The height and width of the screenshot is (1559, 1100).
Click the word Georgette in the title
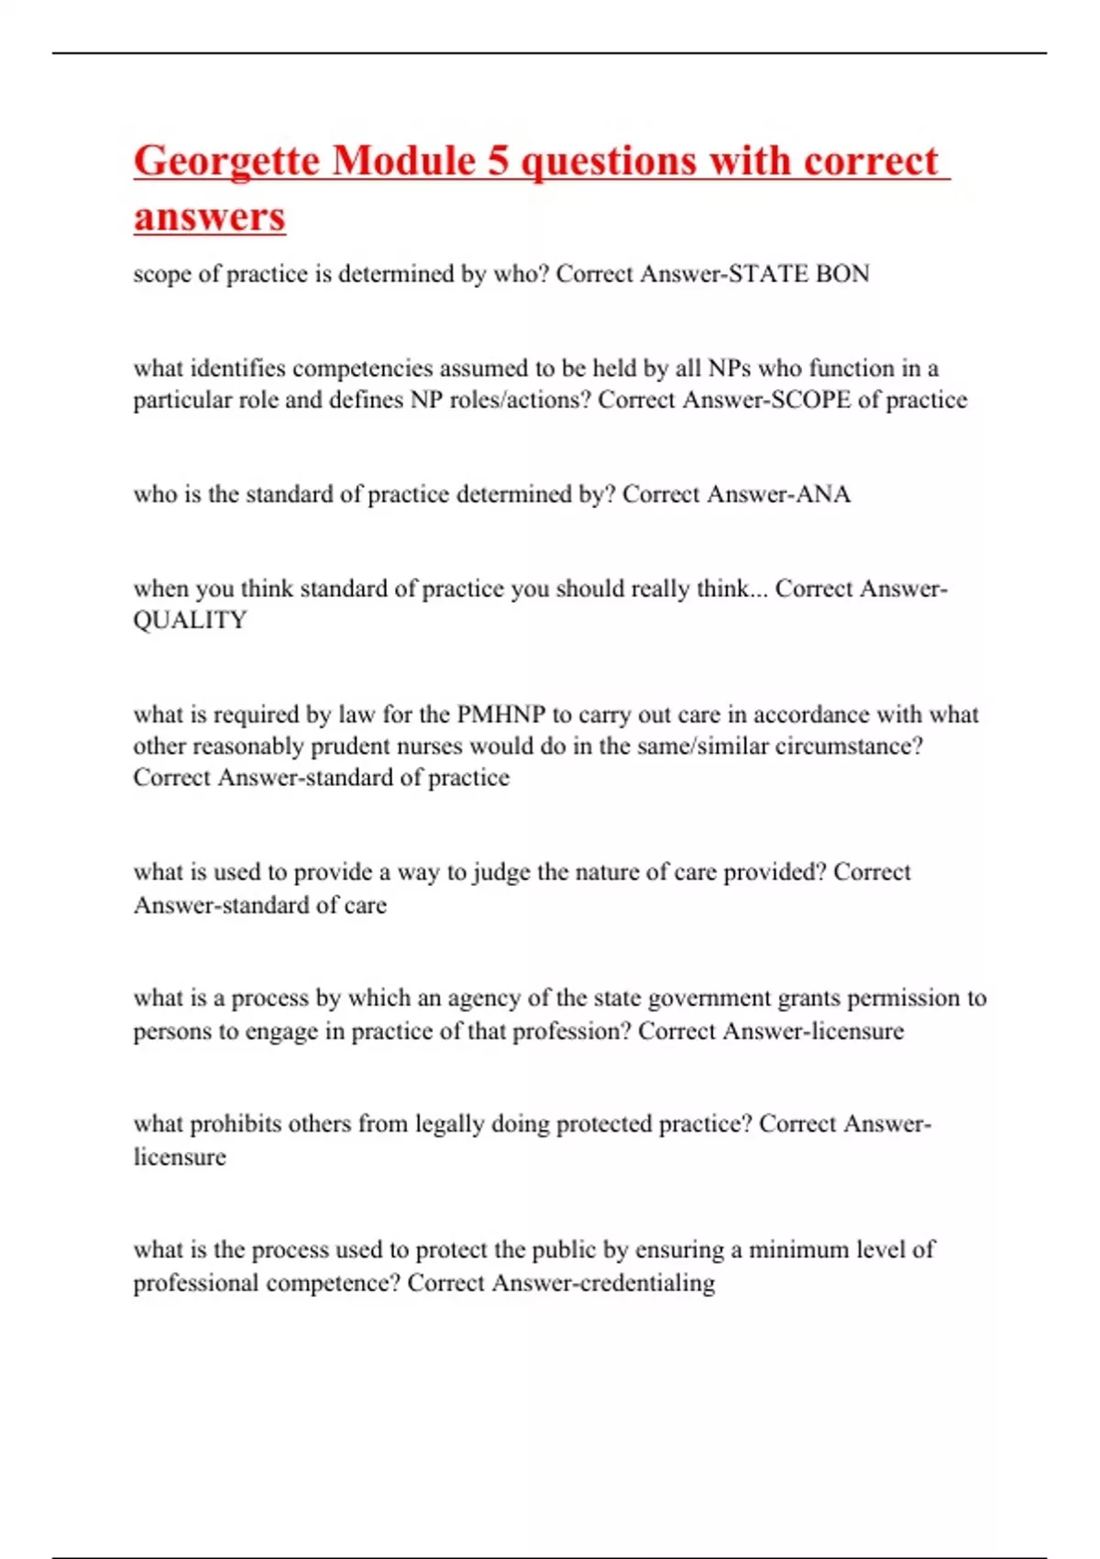pos(225,161)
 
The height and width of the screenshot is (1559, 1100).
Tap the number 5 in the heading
pos(498,161)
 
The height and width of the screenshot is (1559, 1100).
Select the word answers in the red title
pos(210,217)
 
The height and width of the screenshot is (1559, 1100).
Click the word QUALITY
pos(190,621)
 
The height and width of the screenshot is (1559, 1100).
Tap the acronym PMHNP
pos(500,714)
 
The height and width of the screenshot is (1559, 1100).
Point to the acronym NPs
pos(730,369)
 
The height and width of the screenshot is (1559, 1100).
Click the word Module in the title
pos(403,161)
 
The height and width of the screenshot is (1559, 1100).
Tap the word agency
pos(471,998)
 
